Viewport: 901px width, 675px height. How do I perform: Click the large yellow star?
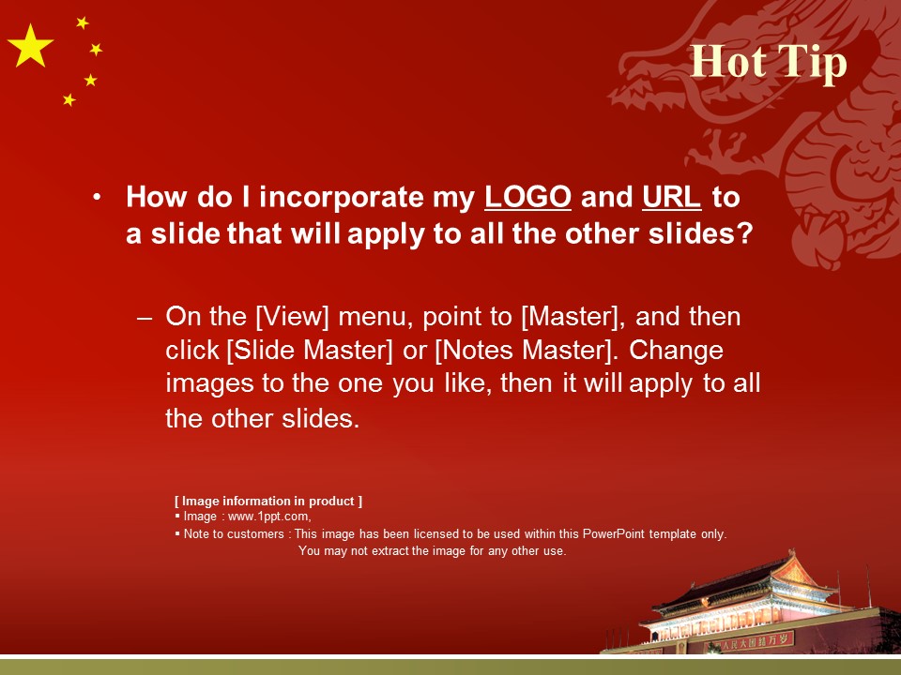(x=30, y=47)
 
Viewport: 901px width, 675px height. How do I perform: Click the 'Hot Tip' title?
(x=769, y=63)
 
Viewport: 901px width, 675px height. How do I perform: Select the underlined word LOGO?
(x=527, y=197)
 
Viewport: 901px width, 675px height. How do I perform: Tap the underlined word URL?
(x=671, y=197)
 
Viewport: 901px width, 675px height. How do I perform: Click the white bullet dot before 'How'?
(x=97, y=197)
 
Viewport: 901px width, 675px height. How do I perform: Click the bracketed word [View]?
(x=292, y=317)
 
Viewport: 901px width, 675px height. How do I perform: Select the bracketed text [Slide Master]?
(x=310, y=350)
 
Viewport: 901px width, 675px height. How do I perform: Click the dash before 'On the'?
(x=145, y=318)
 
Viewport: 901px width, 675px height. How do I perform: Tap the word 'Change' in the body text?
(x=677, y=351)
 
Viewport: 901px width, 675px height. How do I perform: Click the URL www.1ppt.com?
(x=269, y=517)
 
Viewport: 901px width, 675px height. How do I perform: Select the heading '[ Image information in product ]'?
(x=268, y=501)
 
